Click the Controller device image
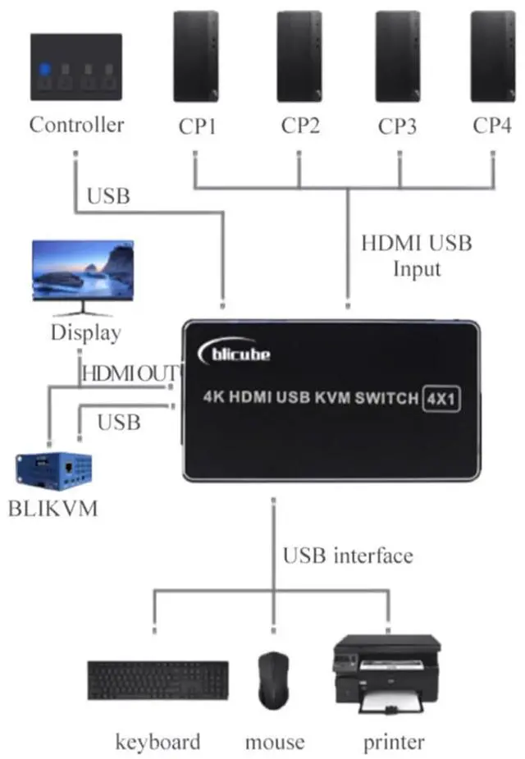pos(75,66)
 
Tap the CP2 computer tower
pos(299,56)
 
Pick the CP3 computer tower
pos(398,56)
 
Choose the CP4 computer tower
pos(492,56)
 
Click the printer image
pos(386,673)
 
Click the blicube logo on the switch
pos(236,353)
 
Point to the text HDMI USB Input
pos(416,256)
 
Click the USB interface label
pos(347,556)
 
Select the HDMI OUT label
pos(130,373)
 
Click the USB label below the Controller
pos(108,196)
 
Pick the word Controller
pos(76,125)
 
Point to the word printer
pos(394,743)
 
